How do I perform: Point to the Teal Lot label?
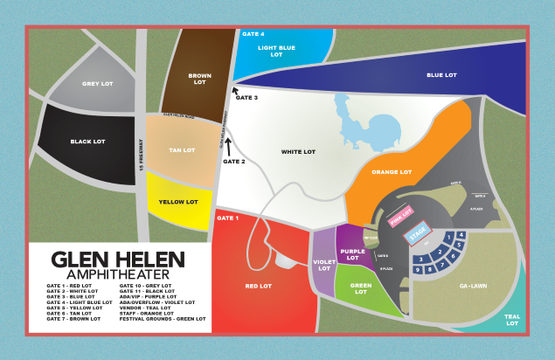[x=512, y=321]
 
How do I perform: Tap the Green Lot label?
[x=360, y=289]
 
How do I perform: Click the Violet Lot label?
[x=323, y=266]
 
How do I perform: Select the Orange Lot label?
[x=391, y=172]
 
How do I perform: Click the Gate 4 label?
[x=253, y=33]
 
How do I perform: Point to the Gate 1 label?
[x=226, y=218]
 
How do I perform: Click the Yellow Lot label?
[x=178, y=202]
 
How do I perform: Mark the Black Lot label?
[x=87, y=141]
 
